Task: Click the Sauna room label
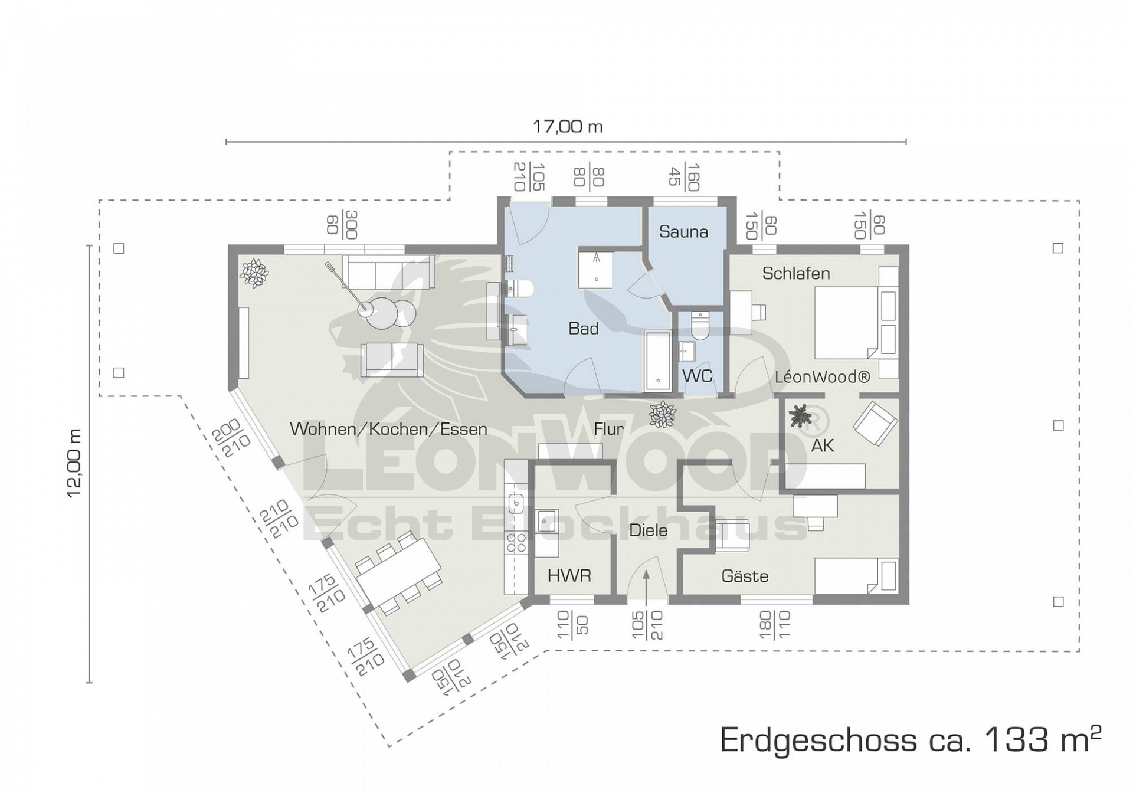tap(683, 232)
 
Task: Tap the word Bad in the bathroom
tap(583, 329)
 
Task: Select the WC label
tap(697, 376)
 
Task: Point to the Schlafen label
tap(796, 274)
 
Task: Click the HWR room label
tap(569, 575)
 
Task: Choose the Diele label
tap(648, 530)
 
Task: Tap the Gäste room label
tap(745, 576)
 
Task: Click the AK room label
tap(823, 445)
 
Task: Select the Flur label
tap(608, 429)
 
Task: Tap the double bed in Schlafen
tap(856, 323)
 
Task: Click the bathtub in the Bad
tap(657, 362)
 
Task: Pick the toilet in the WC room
tap(699, 325)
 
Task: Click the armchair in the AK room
tap(876, 423)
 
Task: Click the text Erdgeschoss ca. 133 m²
tap(911, 739)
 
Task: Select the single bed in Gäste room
tap(856, 576)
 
